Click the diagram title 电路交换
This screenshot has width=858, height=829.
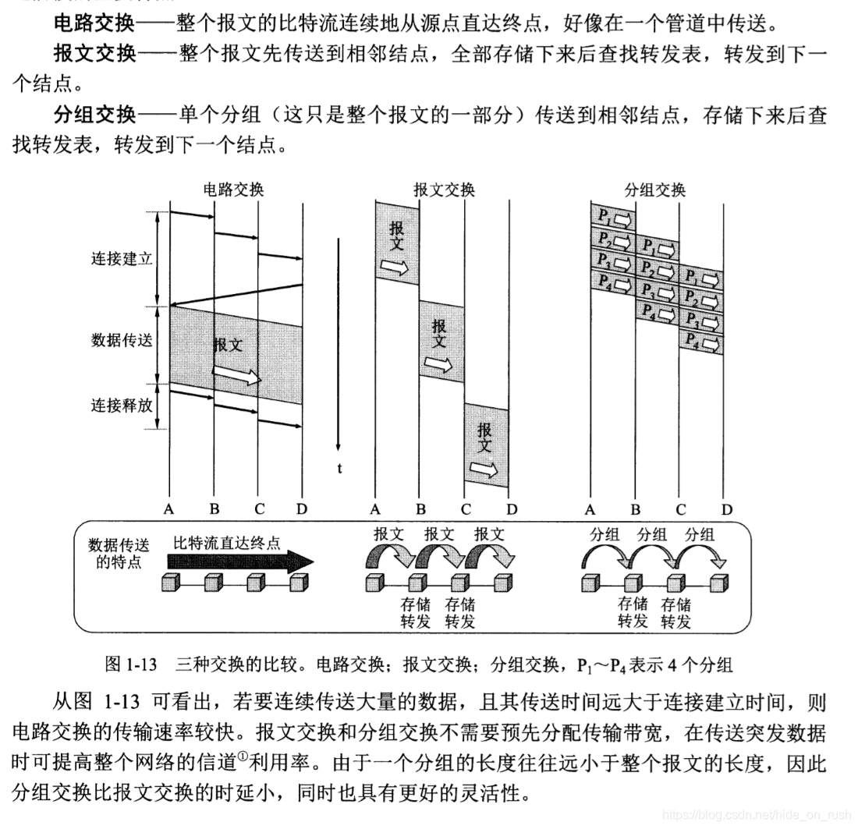tap(233, 190)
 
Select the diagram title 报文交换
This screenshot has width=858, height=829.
tap(444, 190)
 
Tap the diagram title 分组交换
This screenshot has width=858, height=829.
tap(655, 190)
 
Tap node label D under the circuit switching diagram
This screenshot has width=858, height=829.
tap(302, 509)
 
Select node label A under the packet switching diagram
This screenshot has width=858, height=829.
tap(590, 509)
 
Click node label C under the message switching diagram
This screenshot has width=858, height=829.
tap(466, 509)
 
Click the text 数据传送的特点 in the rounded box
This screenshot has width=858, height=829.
tap(119, 552)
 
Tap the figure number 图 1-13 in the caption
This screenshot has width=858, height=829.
tap(131, 665)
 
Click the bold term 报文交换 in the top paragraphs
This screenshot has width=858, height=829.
tap(94, 54)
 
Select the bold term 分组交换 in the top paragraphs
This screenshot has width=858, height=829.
tap(94, 115)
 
